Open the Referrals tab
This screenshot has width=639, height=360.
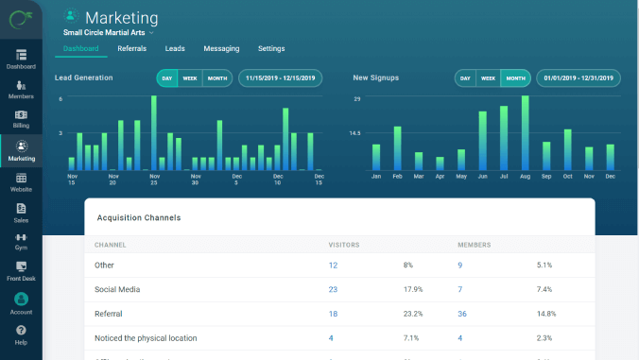click(131, 48)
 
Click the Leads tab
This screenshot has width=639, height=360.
click(175, 48)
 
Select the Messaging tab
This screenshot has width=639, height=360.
click(221, 48)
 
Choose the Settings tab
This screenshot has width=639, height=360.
click(271, 48)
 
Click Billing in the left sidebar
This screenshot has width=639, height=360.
click(21, 119)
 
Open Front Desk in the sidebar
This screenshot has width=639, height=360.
click(21, 271)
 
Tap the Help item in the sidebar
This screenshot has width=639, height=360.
click(21, 334)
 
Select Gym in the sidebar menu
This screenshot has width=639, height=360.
click(21, 241)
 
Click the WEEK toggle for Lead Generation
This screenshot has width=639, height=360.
click(190, 78)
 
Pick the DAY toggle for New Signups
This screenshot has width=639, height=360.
click(465, 78)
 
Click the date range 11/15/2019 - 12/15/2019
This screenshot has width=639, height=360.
click(283, 78)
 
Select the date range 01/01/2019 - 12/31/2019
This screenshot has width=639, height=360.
click(579, 78)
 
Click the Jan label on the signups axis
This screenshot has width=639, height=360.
click(375, 177)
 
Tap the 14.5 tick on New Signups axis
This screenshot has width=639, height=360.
click(355, 133)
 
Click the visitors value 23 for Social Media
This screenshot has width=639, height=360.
click(333, 289)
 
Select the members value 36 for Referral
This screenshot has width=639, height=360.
click(462, 313)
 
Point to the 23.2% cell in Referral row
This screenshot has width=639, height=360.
click(411, 313)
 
